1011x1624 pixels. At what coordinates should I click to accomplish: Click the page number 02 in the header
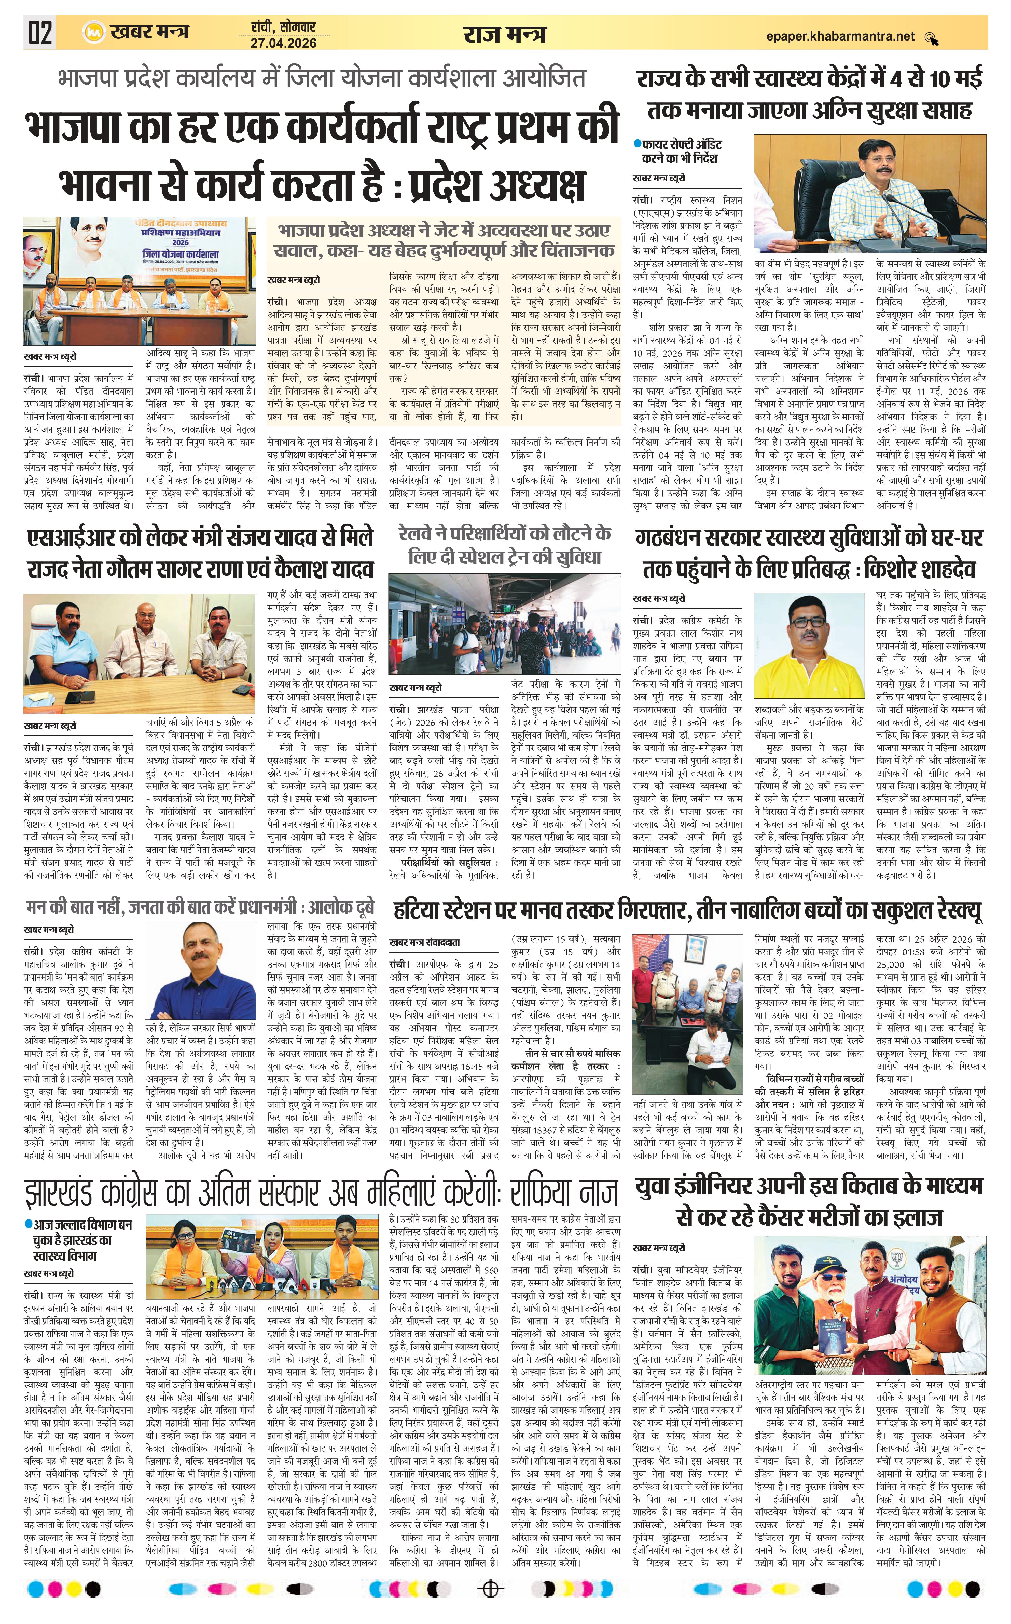pos(39,32)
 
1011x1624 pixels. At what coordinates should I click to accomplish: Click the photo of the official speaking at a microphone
pos(869,193)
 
